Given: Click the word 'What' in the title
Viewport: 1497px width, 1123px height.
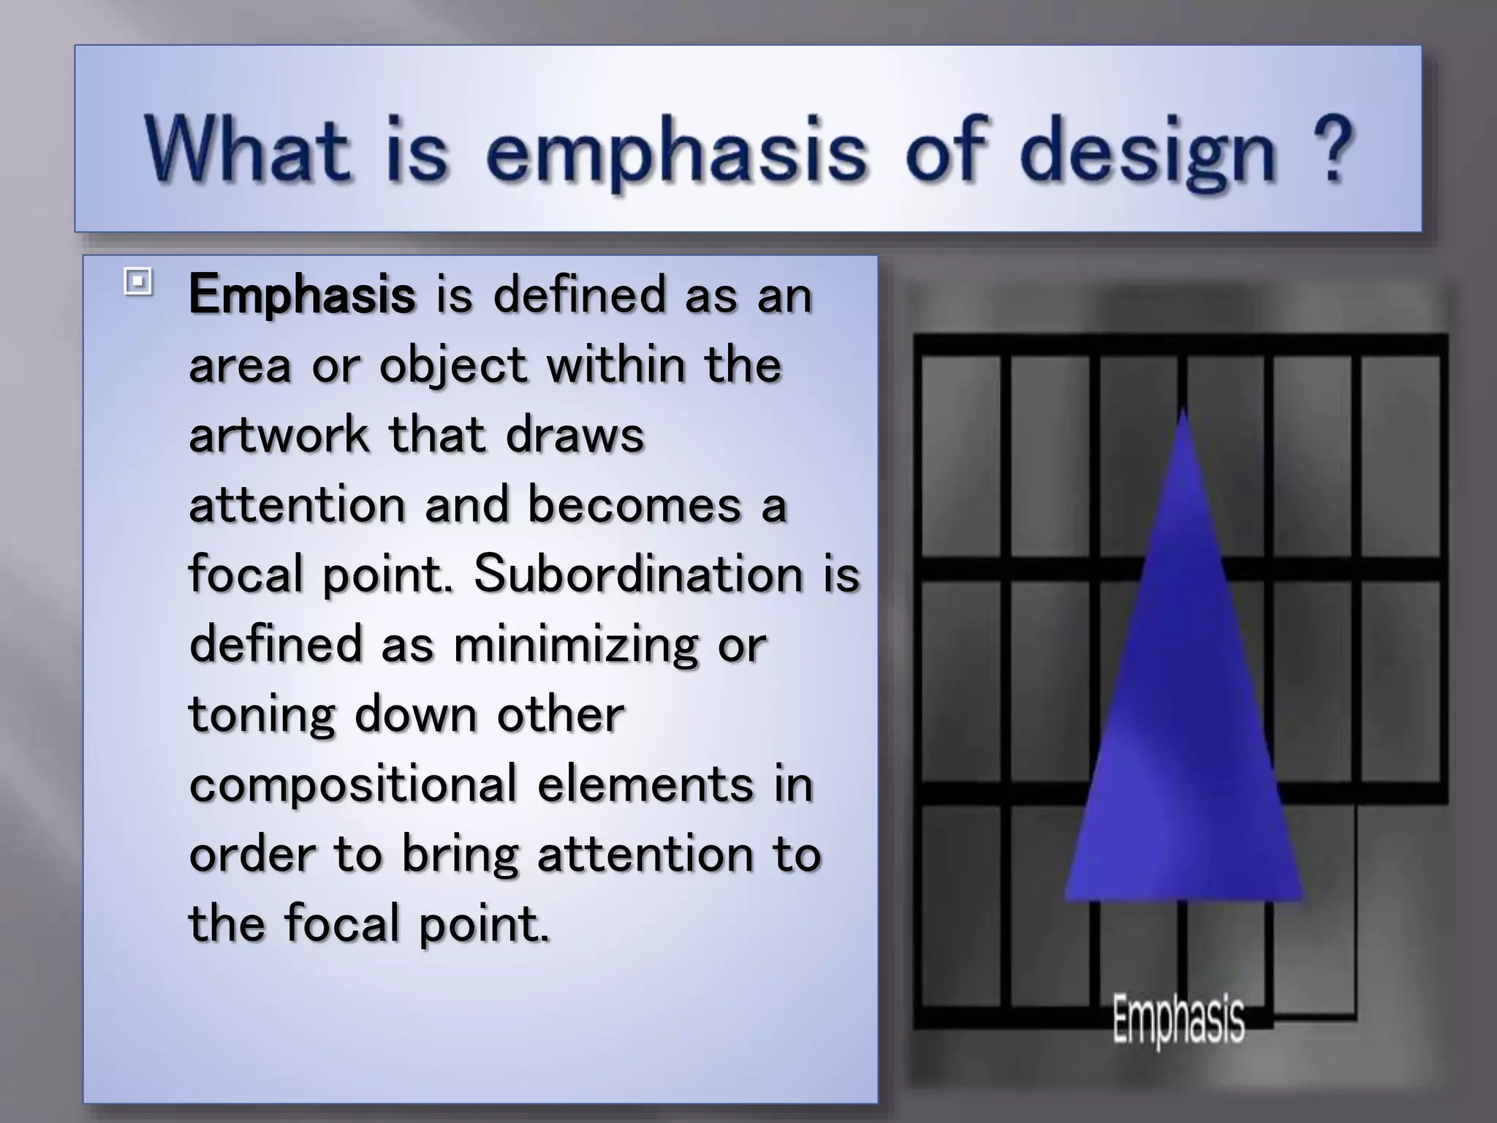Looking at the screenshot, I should click(247, 150).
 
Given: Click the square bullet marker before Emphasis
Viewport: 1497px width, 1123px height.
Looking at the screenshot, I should click(137, 281).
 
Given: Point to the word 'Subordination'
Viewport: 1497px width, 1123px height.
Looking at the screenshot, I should click(638, 574).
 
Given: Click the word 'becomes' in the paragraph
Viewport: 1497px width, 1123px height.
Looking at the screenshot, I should click(634, 504).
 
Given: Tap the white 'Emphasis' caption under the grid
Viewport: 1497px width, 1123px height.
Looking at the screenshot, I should click(1178, 1021).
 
